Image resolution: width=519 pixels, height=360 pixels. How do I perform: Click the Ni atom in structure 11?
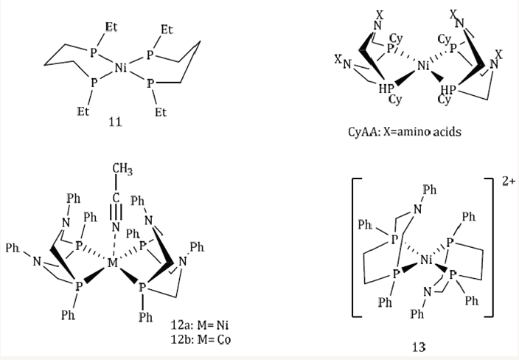coord(121,68)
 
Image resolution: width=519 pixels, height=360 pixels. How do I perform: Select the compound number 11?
coord(115,122)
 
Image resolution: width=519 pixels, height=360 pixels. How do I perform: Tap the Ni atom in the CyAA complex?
coord(423,66)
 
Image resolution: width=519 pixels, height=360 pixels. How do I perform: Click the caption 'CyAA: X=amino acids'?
coord(405,132)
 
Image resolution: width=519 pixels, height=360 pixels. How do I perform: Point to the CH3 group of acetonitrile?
coord(122,169)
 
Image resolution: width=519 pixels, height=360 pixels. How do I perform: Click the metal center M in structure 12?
coord(113,263)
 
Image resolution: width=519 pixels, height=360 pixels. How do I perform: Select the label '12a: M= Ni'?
coord(200,325)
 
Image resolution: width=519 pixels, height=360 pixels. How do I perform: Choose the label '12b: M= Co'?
coord(201,339)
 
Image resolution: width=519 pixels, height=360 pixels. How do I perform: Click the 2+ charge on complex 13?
coord(509,181)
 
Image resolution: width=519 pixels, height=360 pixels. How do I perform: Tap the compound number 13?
coord(419,347)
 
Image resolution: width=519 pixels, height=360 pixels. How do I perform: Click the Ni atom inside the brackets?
coord(427,260)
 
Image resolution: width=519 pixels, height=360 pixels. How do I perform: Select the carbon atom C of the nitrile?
coord(116,198)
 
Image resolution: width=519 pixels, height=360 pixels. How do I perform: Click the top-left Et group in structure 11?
coord(111,27)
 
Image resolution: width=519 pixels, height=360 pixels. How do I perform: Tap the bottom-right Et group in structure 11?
coord(161,112)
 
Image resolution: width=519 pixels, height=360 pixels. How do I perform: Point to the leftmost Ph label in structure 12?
coord(13,248)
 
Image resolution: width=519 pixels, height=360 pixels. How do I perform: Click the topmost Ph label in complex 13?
coord(430,190)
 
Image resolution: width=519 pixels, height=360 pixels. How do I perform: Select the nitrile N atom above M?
coord(116,227)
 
